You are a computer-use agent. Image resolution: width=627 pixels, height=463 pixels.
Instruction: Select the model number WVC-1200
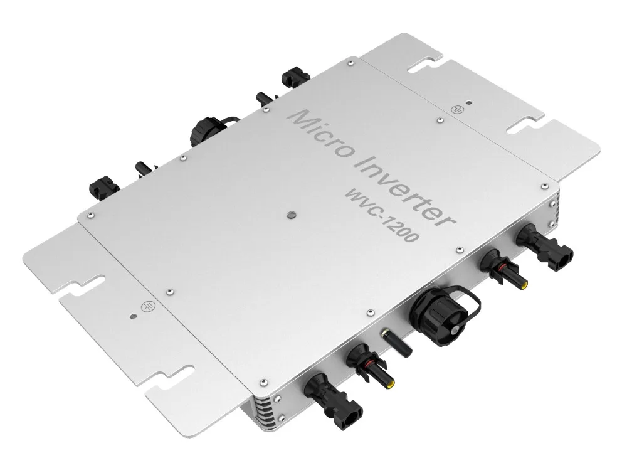pyautogui.click(x=382, y=214)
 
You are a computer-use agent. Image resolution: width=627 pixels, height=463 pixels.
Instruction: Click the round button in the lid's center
pyautogui.click(x=292, y=216)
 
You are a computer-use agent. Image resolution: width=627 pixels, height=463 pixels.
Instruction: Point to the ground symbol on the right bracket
pyautogui.click(x=456, y=109)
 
